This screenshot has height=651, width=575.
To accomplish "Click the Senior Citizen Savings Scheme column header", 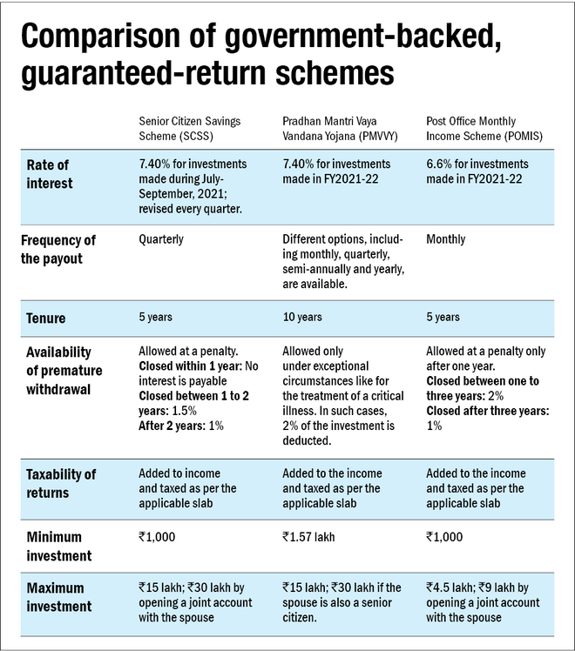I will (x=191, y=129).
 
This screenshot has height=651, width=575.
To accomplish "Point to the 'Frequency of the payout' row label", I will (x=59, y=248).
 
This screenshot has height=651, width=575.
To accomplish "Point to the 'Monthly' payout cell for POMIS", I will (x=446, y=239).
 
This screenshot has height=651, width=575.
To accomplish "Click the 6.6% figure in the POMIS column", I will (x=439, y=164).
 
